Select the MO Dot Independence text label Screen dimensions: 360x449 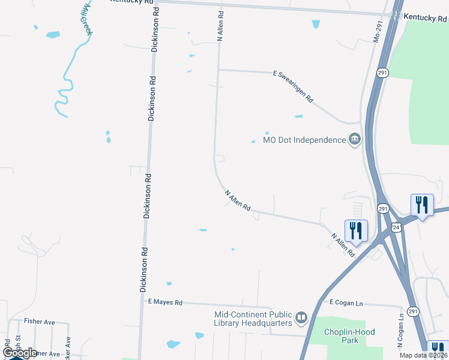pyautogui.click(x=304, y=140)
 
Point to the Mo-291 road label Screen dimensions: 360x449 pyautogui.click(x=378, y=45)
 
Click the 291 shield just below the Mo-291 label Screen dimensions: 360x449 pyautogui.click(x=382, y=73)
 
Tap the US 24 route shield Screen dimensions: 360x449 pyautogui.click(x=396, y=227)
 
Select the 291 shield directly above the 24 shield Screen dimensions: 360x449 pyautogui.click(x=382, y=208)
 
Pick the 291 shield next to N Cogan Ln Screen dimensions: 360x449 pyautogui.click(x=413, y=311)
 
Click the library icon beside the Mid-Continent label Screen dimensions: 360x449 pyautogui.click(x=301, y=316)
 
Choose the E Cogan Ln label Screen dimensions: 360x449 pyautogui.click(x=342, y=304)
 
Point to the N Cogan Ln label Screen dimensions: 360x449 pyautogui.click(x=400, y=331)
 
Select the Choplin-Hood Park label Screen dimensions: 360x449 pyautogui.click(x=342, y=336)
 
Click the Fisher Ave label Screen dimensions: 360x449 pyautogui.click(x=39, y=322)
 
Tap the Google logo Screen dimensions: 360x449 pyautogui.click(x=19, y=353)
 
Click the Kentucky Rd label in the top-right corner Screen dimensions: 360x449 pyautogui.click(x=424, y=19)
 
